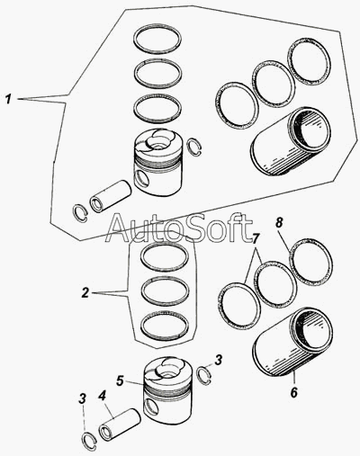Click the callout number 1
(x=9, y=99)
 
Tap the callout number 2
(x=85, y=292)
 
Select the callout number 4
(x=102, y=396)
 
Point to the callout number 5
(x=120, y=380)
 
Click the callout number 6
(x=293, y=392)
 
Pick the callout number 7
(x=255, y=232)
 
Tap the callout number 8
(x=279, y=223)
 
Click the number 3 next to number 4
(x=82, y=399)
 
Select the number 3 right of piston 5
(x=219, y=360)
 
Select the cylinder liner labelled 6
(x=293, y=342)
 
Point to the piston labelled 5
(x=167, y=393)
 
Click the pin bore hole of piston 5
(x=150, y=407)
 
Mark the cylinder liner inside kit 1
(x=291, y=141)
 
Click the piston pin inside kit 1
(x=111, y=196)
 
